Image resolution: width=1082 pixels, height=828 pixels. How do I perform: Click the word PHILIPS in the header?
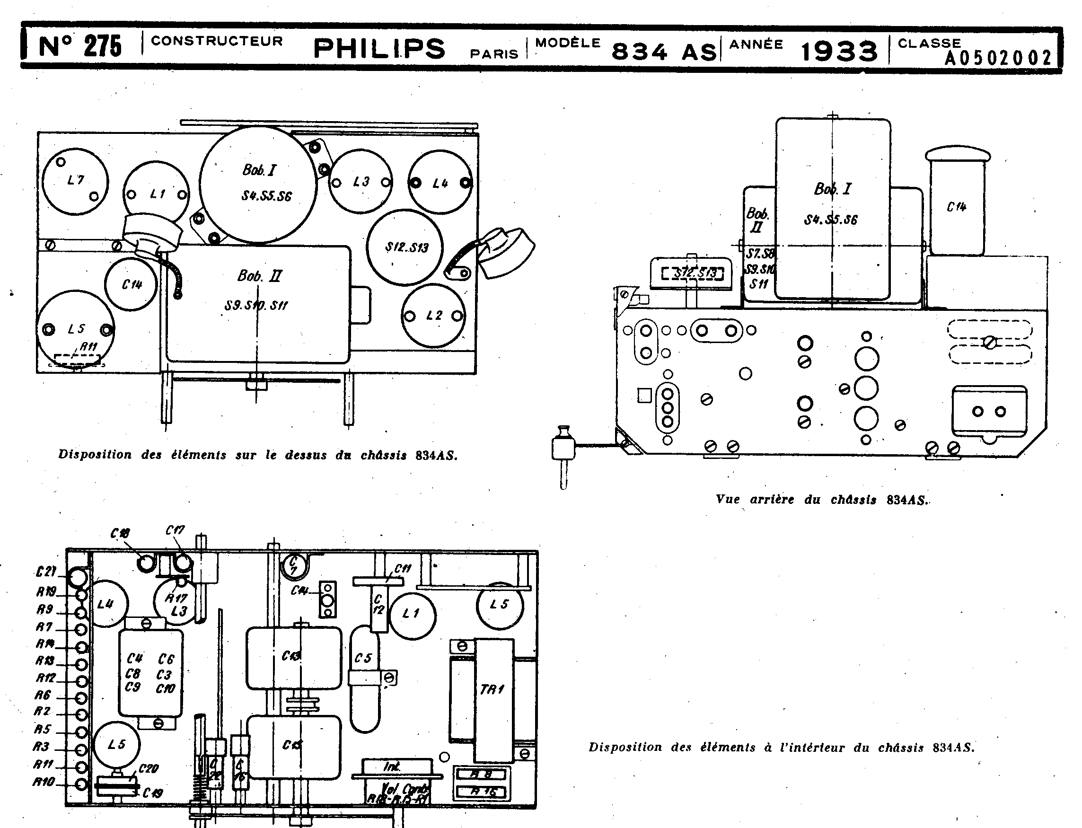click(379, 49)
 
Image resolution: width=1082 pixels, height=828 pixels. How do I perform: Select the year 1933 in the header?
click(839, 51)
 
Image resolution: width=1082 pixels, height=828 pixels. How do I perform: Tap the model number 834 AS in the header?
click(663, 51)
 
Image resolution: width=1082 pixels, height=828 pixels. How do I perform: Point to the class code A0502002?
click(998, 58)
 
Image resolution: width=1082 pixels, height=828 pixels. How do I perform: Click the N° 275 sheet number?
click(80, 47)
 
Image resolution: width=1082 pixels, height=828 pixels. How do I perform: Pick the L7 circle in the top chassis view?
click(75, 181)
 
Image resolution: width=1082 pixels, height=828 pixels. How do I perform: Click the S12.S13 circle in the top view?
click(405, 247)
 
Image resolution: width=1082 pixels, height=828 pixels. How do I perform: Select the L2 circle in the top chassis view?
click(433, 316)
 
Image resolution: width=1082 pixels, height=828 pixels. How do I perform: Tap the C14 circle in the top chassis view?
click(132, 284)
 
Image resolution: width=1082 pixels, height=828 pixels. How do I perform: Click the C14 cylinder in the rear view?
click(956, 207)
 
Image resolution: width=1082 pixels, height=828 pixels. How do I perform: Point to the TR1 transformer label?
click(492, 689)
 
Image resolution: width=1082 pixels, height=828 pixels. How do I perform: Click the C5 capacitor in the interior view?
click(364, 678)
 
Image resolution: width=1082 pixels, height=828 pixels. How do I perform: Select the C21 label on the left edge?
click(47, 572)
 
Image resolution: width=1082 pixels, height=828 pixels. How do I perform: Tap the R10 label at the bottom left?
click(44, 782)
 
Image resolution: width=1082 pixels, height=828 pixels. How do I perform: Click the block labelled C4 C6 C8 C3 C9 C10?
click(151, 673)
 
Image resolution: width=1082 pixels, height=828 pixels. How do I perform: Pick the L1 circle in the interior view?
click(412, 614)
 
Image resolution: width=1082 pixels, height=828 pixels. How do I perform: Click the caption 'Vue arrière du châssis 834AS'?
click(822, 499)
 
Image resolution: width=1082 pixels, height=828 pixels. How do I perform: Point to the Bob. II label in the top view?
click(259, 275)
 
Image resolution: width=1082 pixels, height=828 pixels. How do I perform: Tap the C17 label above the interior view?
click(175, 530)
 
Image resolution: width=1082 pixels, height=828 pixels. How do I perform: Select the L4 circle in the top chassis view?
click(440, 182)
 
